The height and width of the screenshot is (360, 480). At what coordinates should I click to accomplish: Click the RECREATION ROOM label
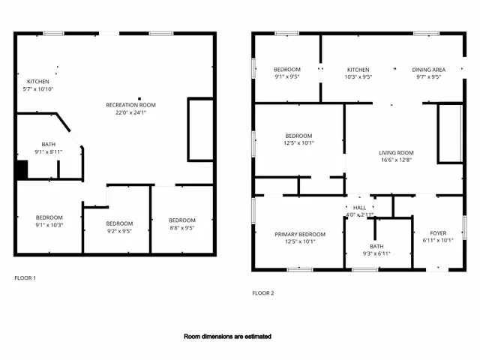click(130, 105)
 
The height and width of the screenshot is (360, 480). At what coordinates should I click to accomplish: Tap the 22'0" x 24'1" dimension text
click(130, 113)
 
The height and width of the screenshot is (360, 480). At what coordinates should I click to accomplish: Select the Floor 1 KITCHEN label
click(38, 82)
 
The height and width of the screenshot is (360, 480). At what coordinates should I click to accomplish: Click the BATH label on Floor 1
click(48, 144)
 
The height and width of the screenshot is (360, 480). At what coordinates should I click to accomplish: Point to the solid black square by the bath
click(22, 170)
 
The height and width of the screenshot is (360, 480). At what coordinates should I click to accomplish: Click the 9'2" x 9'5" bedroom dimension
click(119, 232)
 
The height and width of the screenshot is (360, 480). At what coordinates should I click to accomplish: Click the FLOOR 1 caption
click(25, 278)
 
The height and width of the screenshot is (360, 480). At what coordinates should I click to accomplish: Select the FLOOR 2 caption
click(262, 293)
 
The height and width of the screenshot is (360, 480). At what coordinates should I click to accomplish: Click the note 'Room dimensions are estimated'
click(228, 337)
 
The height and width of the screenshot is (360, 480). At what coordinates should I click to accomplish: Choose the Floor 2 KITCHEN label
click(358, 69)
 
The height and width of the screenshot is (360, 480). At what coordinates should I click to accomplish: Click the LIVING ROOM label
click(395, 153)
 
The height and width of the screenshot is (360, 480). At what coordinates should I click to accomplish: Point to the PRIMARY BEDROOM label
click(300, 234)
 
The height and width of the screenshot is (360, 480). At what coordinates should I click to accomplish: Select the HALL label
click(359, 208)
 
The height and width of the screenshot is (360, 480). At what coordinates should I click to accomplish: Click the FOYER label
click(438, 233)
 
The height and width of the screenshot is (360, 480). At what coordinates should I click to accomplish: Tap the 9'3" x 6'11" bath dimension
click(376, 253)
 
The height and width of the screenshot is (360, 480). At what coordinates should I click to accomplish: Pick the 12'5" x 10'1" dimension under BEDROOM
click(298, 143)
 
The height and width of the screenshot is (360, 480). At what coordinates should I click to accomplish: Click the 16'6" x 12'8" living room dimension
click(395, 160)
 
